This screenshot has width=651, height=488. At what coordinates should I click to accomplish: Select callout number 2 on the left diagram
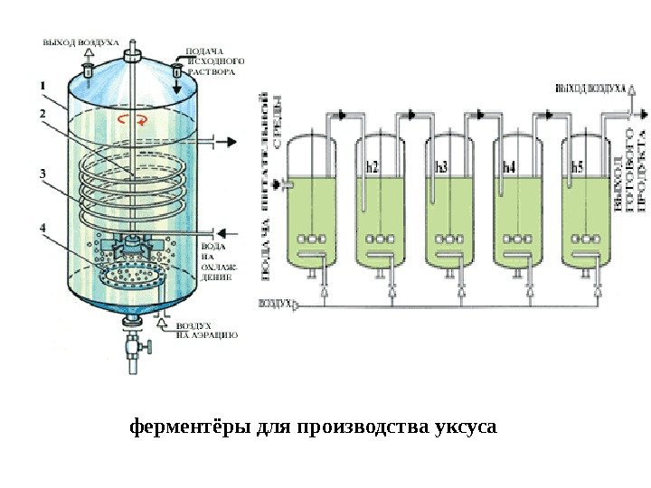coord(42,114)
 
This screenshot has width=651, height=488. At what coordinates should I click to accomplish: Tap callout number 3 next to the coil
coord(42,171)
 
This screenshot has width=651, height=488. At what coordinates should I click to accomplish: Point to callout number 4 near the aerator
coord(42,228)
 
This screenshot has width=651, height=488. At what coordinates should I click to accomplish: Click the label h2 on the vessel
coord(372,167)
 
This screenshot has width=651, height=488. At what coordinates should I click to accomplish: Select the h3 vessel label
coord(440,167)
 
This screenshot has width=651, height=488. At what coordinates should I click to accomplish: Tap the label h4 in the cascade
coord(508,167)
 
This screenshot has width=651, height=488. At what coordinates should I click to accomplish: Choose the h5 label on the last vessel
coord(577,167)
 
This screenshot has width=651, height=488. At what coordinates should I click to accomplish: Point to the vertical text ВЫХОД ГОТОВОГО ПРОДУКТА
coord(630,181)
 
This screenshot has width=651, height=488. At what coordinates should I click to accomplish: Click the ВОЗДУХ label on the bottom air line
coord(276,304)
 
